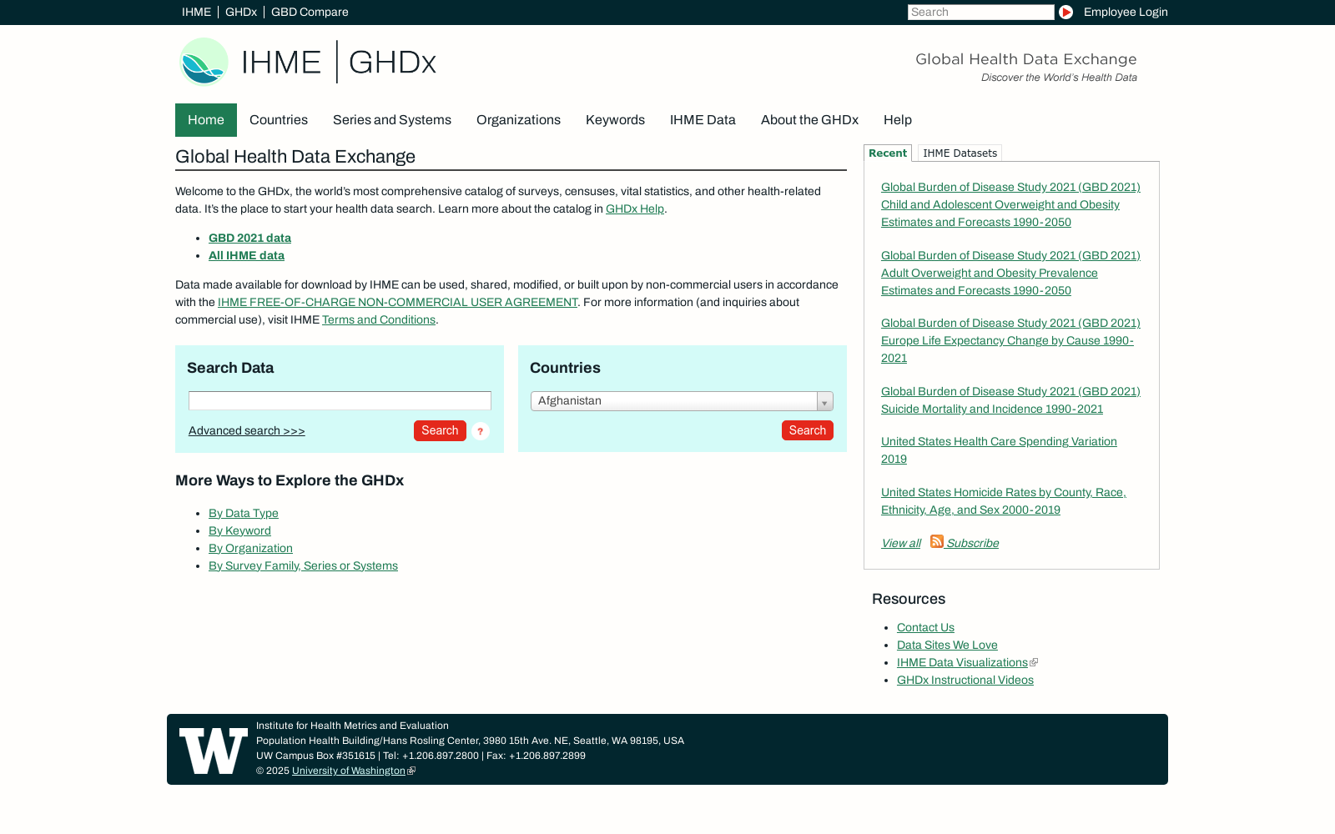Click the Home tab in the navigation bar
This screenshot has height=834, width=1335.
[x=205, y=120]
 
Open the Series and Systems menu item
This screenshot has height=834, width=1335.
[x=391, y=120]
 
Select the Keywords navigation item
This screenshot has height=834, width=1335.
[x=615, y=120]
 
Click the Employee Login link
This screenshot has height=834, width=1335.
[x=1125, y=13]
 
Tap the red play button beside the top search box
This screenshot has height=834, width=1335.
[x=1065, y=13]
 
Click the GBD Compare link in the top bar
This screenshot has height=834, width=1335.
[x=310, y=13]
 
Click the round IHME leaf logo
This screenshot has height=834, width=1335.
[x=204, y=62]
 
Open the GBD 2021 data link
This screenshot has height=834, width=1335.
[x=249, y=239]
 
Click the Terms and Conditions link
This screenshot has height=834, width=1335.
[x=379, y=320]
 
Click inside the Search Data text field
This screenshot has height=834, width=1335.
[x=340, y=401]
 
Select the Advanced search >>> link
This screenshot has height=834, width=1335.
[x=246, y=431]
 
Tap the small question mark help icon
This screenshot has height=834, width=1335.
[x=481, y=431]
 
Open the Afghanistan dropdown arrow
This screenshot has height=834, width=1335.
[x=824, y=402]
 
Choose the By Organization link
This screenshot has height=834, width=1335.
[x=250, y=549]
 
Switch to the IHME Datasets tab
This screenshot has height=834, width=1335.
[x=960, y=153]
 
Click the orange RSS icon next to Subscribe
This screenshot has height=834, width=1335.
[x=937, y=542]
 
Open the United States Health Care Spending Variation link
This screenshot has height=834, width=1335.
[x=999, y=442]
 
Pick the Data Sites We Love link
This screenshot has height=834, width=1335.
[x=947, y=646]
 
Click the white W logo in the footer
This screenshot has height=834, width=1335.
[x=214, y=751]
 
